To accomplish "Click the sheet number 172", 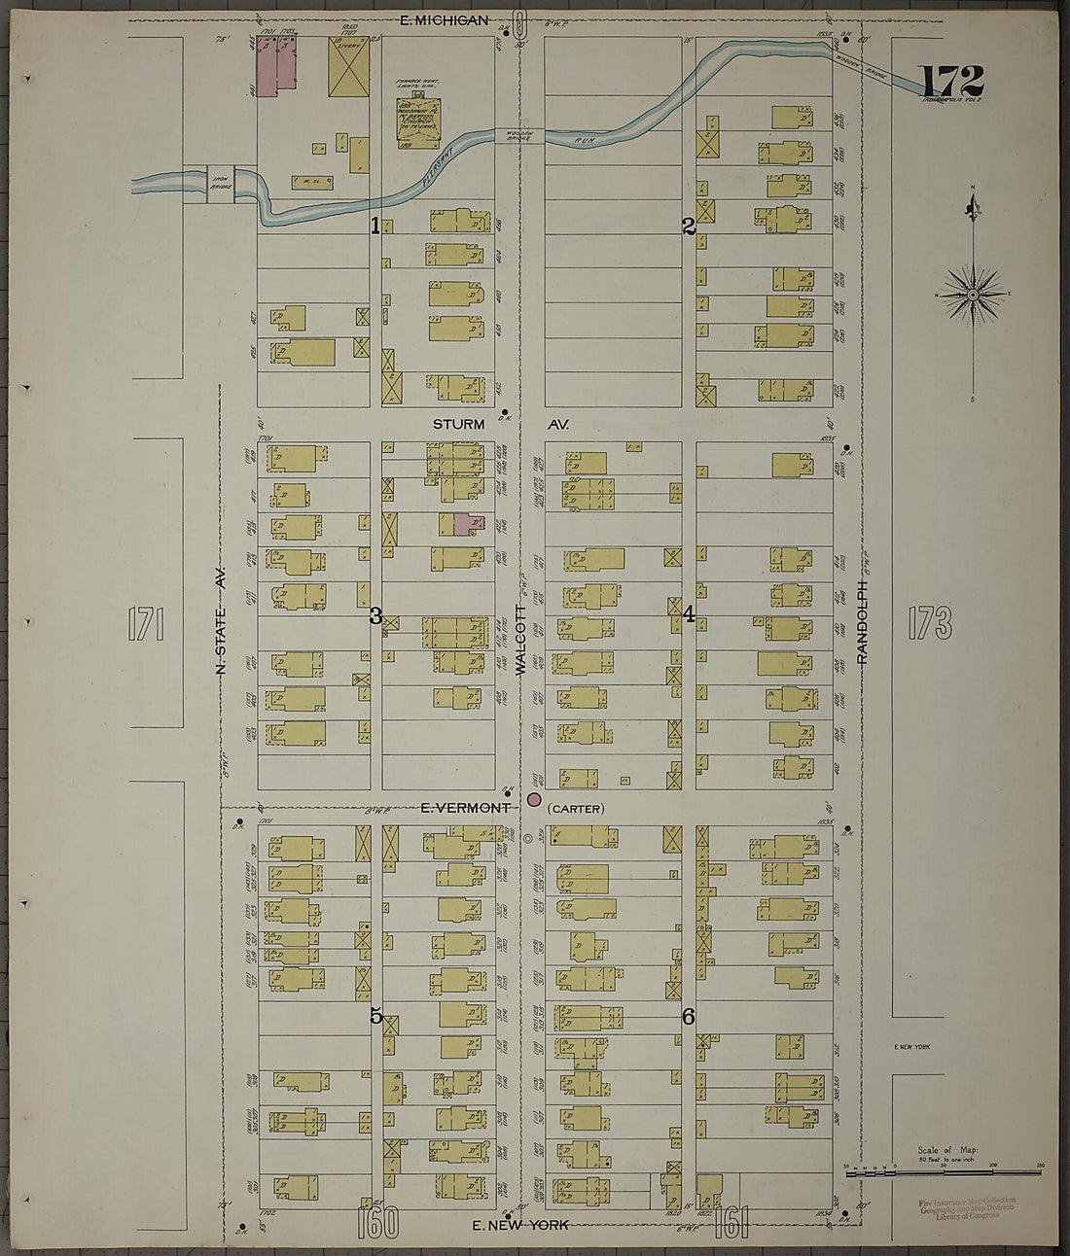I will click(x=951, y=80).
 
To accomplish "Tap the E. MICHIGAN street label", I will click(x=446, y=19).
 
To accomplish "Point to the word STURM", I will click(x=459, y=425).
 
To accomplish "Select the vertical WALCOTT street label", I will click(x=520, y=649).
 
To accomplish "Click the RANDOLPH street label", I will click(x=862, y=623).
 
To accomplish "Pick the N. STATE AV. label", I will click(x=220, y=622).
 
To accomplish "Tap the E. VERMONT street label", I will click(x=466, y=807).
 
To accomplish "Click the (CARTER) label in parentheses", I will click(x=576, y=809).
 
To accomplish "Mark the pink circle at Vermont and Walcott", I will click(x=533, y=800).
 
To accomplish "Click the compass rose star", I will click(x=973, y=294).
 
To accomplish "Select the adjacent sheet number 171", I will click(x=146, y=623).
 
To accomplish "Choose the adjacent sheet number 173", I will click(x=929, y=623).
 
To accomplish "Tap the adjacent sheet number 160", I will click(x=377, y=1222).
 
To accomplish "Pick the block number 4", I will click(x=689, y=614).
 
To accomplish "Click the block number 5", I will click(x=375, y=1017).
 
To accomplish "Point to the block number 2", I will click(x=689, y=227).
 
